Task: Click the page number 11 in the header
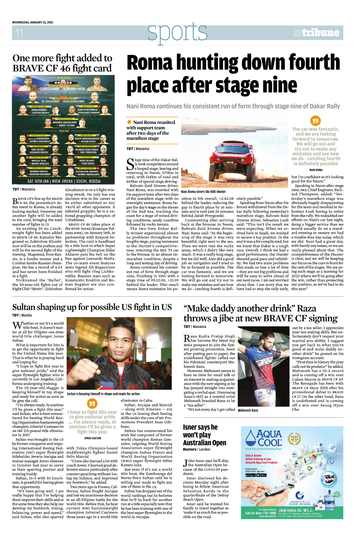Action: pyautogui.click(x=19, y=33)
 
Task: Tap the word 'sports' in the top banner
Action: pyautogui.click(x=177, y=32)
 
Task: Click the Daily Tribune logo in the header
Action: pyautogui.click(x=316, y=33)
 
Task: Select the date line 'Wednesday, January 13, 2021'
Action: pyautogui.click(x=33, y=22)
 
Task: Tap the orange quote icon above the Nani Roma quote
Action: pyautogui.click(x=315, y=121)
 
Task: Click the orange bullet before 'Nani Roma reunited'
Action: pyautogui.click(x=129, y=122)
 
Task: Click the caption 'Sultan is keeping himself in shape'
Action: pyautogui.click(x=103, y=394)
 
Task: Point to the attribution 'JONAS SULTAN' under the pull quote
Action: pyautogui.click(x=92, y=438)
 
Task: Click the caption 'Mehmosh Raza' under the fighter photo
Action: pyautogui.click(x=248, y=410)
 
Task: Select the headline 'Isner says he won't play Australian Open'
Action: pyautogui.click(x=204, y=435)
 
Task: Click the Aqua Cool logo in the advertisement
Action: pyautogui.click(x=264, y=438)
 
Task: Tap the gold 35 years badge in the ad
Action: pyautogui.click(x=294, y=439)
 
